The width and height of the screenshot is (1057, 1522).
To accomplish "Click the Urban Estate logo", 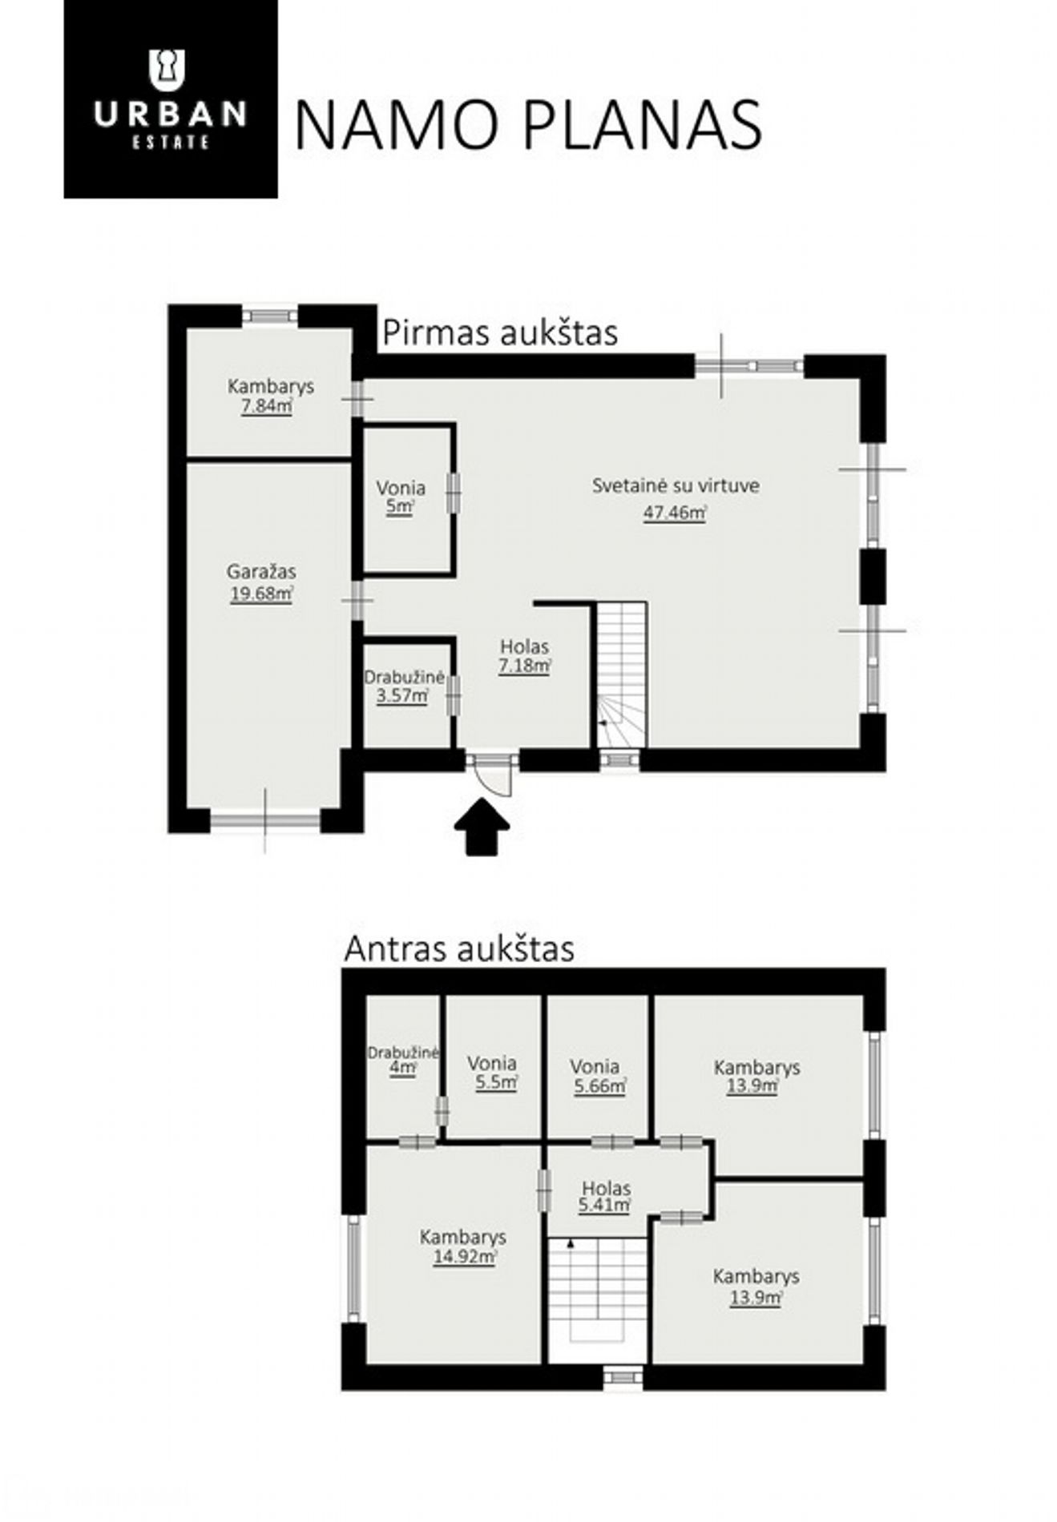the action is [x=171, y=99].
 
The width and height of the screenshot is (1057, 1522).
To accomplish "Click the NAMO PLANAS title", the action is [x=528, y=125].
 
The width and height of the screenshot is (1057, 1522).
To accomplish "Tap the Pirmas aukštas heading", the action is [x=500, y=333].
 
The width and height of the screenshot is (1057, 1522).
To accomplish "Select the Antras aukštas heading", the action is [x=459, y=948].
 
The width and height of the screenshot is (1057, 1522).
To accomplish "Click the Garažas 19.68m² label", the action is [x=261, y=582].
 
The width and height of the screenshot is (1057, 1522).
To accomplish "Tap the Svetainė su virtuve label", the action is [x=676, y=485].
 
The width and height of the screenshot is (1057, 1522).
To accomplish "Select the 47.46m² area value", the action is [x=675, y=513].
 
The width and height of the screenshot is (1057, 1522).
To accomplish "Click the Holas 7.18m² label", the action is [x=525, y=655].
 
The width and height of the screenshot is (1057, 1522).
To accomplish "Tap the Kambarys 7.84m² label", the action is [x=270, y=396].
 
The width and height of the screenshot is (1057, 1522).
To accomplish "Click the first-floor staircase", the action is [x=622, y=675].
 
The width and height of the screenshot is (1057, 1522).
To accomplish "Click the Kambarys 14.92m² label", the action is [x=463, y=1246].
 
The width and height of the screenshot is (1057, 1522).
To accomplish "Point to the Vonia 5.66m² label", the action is [x=599, y=1076].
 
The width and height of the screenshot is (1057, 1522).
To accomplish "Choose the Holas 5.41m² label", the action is [x=606, y=1196].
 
